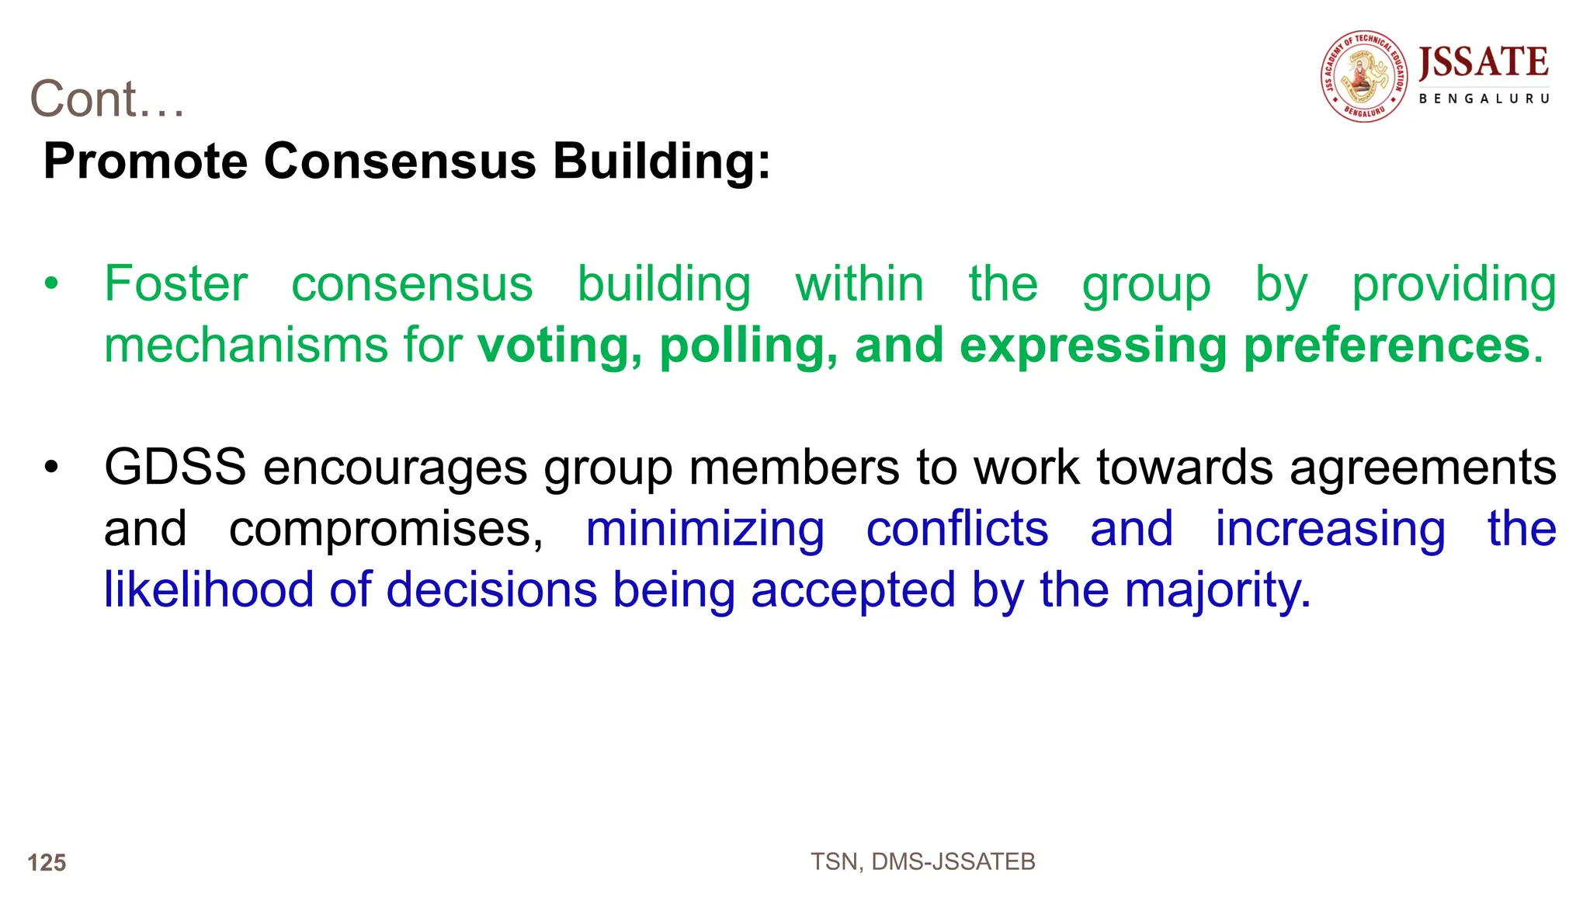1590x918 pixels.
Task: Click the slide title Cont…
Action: (x=107, y=99)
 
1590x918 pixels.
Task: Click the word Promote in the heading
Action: (x=145, y=162)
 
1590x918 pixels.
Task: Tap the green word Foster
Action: (x=176, y=284)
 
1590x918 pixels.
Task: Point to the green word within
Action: (x=859, y=284)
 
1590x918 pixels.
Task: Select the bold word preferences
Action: (x=1386, y=346)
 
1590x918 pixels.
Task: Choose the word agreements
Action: (x=1422, y=468)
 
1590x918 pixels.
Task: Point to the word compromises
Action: (x=386, y=530)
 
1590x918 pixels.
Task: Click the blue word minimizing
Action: (x=705, y=530)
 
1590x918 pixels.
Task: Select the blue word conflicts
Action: (x=957, y=530)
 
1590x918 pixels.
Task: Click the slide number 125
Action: (x=47, y=863)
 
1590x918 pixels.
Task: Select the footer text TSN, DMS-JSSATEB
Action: (x=923, y=862)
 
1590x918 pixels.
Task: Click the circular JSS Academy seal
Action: (x=1365, y=76)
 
